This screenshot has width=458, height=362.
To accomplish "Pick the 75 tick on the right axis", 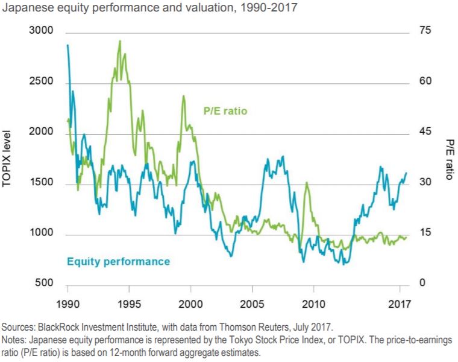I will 425,31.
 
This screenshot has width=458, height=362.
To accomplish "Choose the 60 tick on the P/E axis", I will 425,82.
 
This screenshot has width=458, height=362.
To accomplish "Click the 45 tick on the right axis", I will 425,132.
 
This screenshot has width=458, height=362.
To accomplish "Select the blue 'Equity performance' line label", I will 118,262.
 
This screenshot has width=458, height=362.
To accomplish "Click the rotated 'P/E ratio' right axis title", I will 450,158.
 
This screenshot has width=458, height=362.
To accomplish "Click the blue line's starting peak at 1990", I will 67,45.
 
